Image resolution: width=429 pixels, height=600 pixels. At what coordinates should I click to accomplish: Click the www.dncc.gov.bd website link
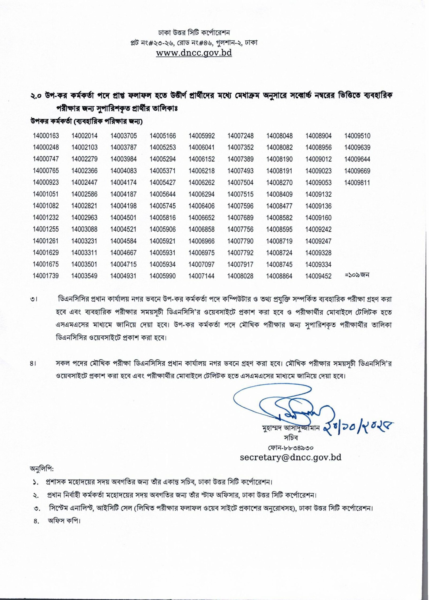tap(194, 53)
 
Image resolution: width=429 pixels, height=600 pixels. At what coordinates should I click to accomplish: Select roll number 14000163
tap(46, 136)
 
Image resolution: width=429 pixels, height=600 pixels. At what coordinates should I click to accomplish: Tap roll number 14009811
tap(357, 183)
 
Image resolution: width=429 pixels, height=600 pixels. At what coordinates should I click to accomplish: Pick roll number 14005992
tap(202, 136)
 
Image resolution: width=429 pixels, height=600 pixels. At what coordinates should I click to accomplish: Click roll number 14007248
tap(240, 136)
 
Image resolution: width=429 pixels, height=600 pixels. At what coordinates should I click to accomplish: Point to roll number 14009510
tap(357, 136)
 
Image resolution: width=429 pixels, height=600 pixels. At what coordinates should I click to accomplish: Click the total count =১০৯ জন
tap(357, 275)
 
